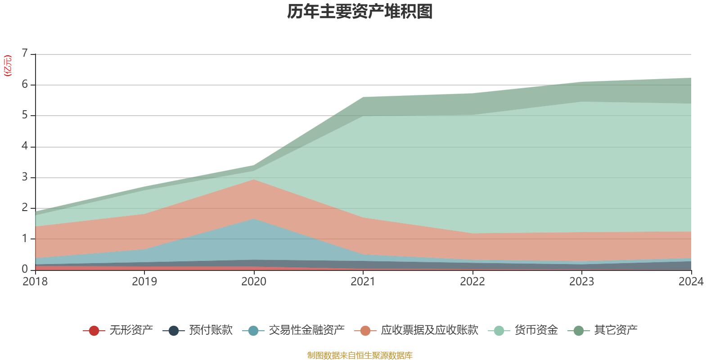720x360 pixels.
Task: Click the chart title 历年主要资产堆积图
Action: (x=360, y=12)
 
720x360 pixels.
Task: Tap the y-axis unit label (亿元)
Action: (x=8, y=66)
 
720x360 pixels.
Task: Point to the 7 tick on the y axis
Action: (x=25, y=54)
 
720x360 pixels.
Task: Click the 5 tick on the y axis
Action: (x=25, y=115)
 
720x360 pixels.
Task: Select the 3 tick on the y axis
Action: (x=25, y=177)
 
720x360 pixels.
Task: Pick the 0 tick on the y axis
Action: (x=25, y=269)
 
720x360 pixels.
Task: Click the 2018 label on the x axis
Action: (x=35, y=282)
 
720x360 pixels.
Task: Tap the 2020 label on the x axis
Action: (x=254, y=282)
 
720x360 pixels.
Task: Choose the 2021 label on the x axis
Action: (x=363, y=282)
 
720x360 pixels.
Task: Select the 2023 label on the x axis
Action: (x=581, y=282)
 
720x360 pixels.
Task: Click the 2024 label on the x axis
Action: (x=691, y=282)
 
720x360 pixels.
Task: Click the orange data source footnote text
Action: (x=360, y=355)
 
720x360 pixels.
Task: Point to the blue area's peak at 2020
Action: (x=254, y=219)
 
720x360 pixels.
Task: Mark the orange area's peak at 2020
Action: (x=254, y=180)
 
